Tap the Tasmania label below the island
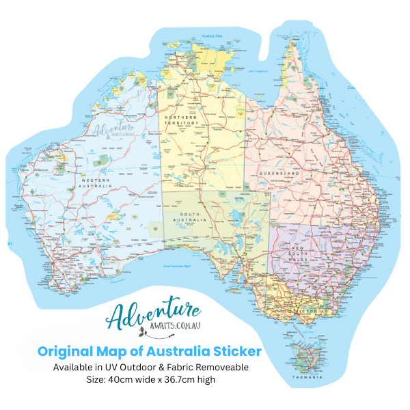coord(307,377)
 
